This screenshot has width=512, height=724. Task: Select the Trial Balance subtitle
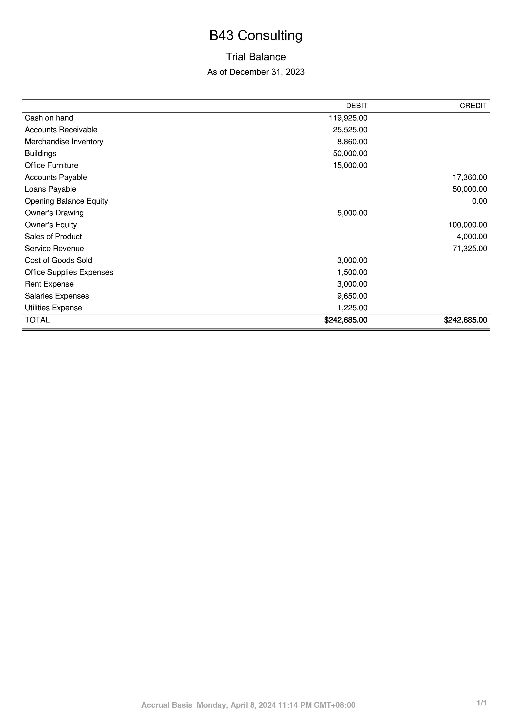pyautogui.click(x=256, y=57)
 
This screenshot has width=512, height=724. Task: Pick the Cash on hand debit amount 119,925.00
pyautogui.click(x=348, y=118)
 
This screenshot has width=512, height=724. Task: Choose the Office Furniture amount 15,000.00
pyautogui.click(x=350, y=165)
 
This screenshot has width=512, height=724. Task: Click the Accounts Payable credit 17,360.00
pyautogui.click(x=470, y=177)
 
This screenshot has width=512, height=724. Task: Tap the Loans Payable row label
pyautogui.click(x=50, y=189)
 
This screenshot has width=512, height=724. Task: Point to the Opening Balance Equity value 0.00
pyautogui.click(x=480, y=201)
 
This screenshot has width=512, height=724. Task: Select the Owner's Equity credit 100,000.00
pyautogui.click(x=468, y=225)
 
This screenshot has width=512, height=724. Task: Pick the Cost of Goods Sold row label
pyautogui.click(x=58, y=260)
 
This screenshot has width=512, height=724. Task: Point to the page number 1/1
pyautogui.click(x=482, y=703)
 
